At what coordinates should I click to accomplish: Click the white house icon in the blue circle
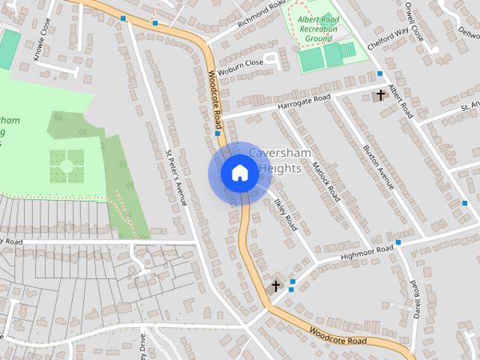pos(239,173)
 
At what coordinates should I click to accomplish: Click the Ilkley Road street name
pos(286,214)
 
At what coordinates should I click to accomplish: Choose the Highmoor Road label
pos(367,253)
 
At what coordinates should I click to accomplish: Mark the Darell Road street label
pos(415,298)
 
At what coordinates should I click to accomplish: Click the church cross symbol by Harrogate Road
pos(380,94)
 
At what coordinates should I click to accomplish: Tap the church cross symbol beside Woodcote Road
pos(275,286)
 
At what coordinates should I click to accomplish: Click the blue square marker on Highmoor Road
pos(398,242)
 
